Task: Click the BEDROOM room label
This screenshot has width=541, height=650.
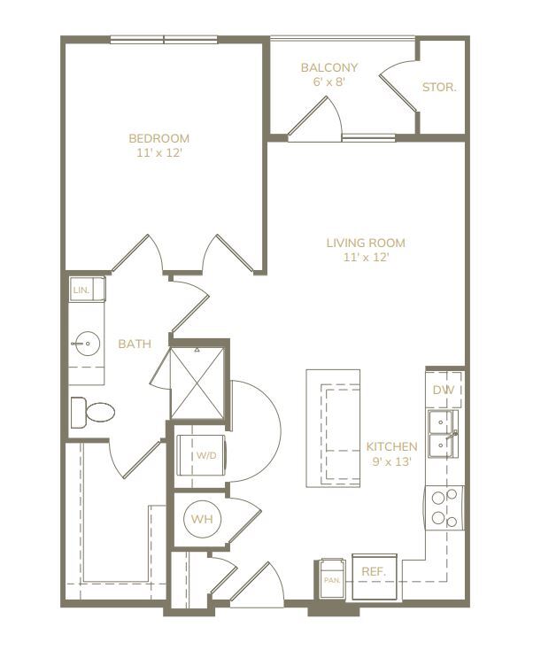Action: click(x=158, y=138)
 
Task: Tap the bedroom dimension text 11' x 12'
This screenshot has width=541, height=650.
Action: click(x=159, y=153)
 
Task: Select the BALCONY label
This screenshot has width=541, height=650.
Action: click(x=329, y=67)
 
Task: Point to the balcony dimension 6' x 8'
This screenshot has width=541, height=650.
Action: click(x=329, y=81)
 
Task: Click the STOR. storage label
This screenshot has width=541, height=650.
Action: click(x=439, y=87)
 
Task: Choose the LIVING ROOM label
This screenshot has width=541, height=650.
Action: click(x=366, y=243)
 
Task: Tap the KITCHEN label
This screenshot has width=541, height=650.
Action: click(x=391, y=446)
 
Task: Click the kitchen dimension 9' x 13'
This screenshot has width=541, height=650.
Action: click(x=391, y=461)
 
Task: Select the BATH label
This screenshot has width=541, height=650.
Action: click(x=135, y=344)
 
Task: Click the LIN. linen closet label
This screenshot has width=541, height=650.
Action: click(x=81, y=290)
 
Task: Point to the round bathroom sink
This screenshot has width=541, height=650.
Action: click(x=88, y=344)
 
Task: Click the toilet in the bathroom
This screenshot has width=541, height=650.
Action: click(x=92, y=413)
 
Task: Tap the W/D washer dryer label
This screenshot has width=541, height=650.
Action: click(x=206, y=455)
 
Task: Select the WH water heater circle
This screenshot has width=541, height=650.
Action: click(x=202, y=519)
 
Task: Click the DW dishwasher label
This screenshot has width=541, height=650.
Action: click(x=444, y=390)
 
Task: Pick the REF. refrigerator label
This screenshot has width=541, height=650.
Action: click(x=374, y=572)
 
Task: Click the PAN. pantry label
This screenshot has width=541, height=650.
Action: click(x=332, y=580)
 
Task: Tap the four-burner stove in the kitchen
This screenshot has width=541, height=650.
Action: click(x=444, y=507)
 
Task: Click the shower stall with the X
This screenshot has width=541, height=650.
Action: click(x=197, y=383)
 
